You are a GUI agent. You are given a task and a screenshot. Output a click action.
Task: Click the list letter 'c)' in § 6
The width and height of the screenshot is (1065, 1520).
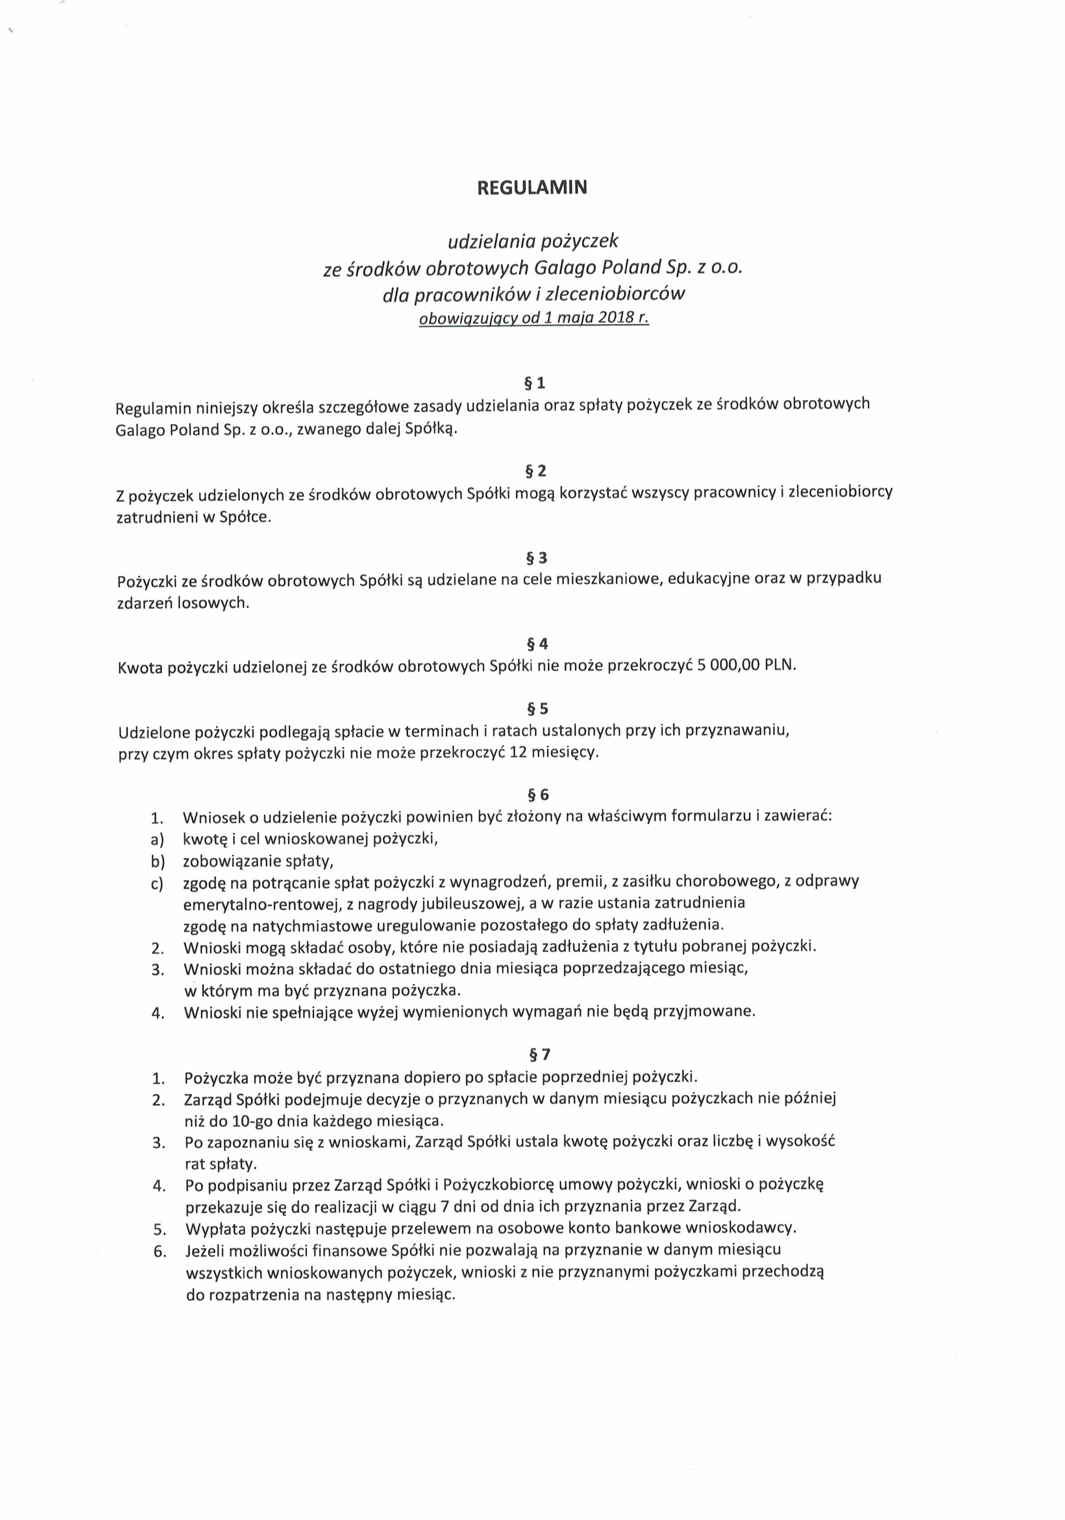pos(157,884)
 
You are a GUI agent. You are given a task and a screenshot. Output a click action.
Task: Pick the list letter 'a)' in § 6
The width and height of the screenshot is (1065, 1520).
pos(157,839)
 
